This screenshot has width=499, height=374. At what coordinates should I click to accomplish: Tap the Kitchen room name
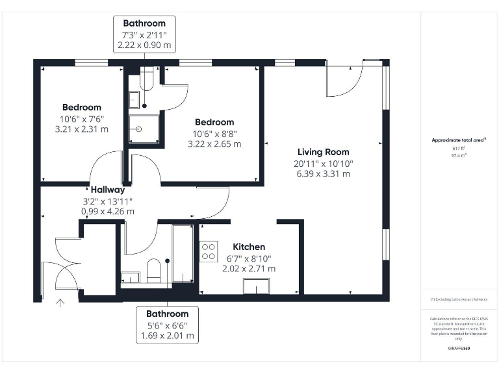pos(249,247)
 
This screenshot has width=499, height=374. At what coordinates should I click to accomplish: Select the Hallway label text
pos(108,190)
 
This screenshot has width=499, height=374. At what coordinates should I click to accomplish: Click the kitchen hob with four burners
pos(209,251)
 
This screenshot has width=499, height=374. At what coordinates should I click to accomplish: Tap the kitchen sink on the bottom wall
pos(256,286)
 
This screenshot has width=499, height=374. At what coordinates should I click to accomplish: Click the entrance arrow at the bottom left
pos(61,303)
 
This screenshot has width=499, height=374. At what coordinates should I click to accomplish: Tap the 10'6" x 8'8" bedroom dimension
pos(214,133)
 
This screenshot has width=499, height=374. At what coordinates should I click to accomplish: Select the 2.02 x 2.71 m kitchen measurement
pos(249,268)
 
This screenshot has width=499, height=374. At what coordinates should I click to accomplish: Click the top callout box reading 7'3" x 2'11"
pos(144,34)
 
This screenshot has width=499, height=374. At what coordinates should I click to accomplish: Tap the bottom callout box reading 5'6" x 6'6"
pos(167,325)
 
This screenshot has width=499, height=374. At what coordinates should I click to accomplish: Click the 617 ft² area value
pos(459,148)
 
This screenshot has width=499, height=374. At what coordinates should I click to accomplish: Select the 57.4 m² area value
pos(459,155)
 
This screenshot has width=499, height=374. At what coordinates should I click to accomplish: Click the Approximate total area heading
pos(459,140)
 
